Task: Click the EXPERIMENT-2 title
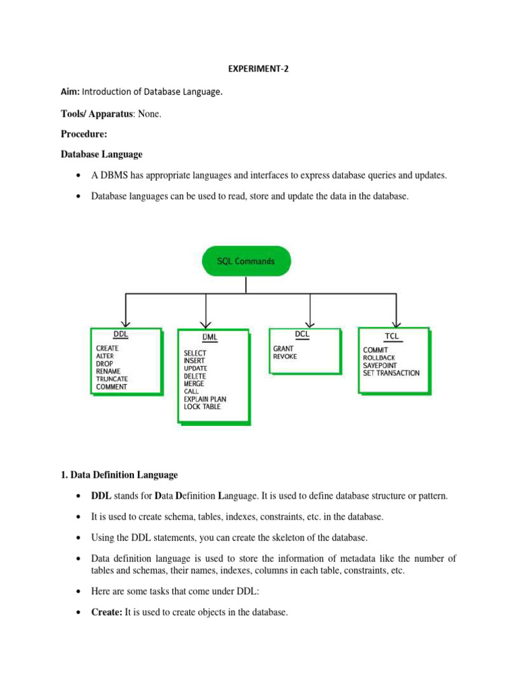coord(258,68)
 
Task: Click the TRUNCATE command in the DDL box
coord(112,379)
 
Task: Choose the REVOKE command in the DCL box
coord(285,357)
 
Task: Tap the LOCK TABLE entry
coord(201,406)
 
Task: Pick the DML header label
coord(209,336)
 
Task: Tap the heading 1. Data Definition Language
coord(119,475)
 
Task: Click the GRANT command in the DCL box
coord(283,349)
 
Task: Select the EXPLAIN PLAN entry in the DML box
coord(205,399)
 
